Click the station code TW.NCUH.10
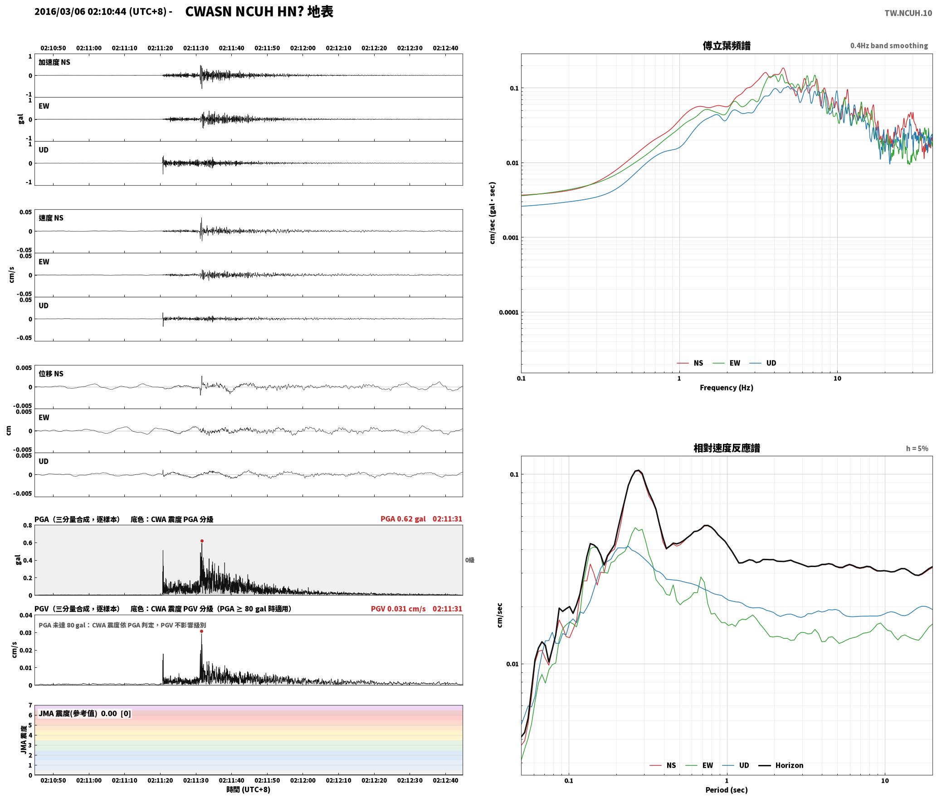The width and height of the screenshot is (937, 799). tap(908, 13)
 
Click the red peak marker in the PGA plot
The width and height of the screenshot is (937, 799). tap(202, 541)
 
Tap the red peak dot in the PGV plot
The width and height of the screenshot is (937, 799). tap(201, 631)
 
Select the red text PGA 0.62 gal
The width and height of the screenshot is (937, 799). tap(403, 519)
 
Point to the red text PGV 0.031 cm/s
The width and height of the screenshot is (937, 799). tap(398, 609)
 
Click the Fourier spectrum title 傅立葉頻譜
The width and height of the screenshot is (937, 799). tap(726, 46)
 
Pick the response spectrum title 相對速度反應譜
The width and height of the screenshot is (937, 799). tap(727, 448)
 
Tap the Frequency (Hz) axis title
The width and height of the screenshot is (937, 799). tap(726, 388)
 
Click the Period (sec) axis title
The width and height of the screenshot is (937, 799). tap(726, 790)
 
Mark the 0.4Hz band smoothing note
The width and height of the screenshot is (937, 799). tap(889, 46)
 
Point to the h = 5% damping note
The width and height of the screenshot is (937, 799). tap(917, 449)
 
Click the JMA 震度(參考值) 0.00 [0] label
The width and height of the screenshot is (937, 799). tap(85, 713)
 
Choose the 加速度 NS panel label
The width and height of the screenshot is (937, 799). tap(54, 62)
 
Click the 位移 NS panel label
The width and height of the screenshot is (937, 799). tap(51, 374)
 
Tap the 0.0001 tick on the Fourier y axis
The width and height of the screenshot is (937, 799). tap(508, 312)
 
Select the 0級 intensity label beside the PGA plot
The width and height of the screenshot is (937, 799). tap(470, 560)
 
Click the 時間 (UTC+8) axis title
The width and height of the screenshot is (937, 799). tap(249, 789)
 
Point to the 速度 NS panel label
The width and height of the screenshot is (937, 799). tap(51, 218)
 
